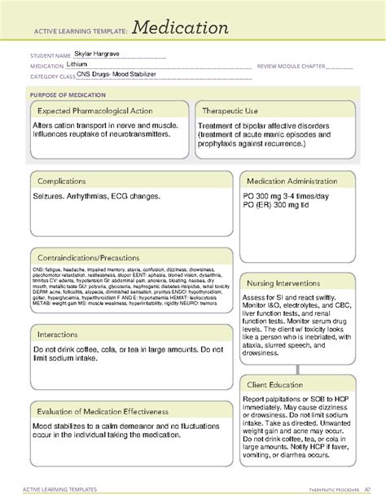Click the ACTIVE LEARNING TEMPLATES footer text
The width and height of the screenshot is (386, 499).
(64, 488)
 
